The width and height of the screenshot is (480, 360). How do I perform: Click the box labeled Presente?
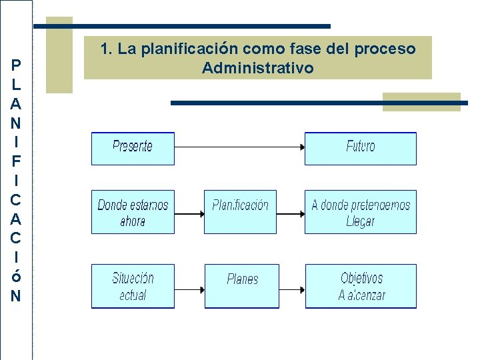tap(133, 148)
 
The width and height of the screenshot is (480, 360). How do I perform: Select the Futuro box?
tap(361, 148)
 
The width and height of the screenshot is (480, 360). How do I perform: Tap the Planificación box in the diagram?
tap(240, 212)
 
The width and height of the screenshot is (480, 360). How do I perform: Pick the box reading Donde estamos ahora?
tap(133, 212)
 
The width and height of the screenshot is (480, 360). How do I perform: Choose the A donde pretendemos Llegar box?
tap(361, 212)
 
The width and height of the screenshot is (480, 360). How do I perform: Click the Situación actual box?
tap(133, 286)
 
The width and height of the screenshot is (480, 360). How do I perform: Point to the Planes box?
tap(242, 286)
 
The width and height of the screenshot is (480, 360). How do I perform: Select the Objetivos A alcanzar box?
tap(361, 286)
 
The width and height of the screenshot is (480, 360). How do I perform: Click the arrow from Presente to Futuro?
tap(239, 146)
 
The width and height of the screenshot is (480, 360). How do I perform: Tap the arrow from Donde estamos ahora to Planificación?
tap(189, 213)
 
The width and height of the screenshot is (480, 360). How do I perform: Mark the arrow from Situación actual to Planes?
tap(190, 287)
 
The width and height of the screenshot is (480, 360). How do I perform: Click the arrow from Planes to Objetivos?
tap(292, 287)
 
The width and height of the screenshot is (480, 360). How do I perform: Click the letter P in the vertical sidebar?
tap(16, 65)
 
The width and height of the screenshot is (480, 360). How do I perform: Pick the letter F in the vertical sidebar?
tap(16, 161)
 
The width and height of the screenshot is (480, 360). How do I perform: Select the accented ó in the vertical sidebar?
tap(16, 275)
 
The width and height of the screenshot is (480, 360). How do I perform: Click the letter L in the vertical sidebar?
tap(16, 85)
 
